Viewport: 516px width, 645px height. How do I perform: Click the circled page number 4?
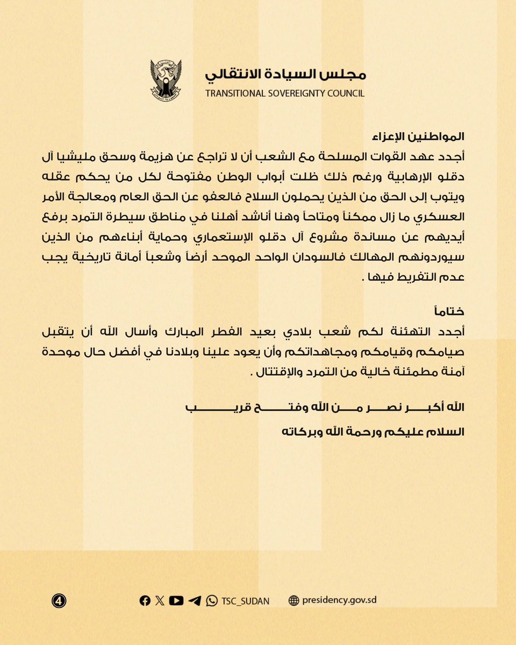[x=59, y=600]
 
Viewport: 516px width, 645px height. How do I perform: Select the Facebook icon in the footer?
[x=145, y=600]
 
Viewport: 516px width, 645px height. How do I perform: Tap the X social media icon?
[x=160, y=600]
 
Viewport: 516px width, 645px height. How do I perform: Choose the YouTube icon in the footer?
[x=176, y=600]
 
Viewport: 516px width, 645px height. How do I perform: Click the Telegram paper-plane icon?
[x=195, y=600]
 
